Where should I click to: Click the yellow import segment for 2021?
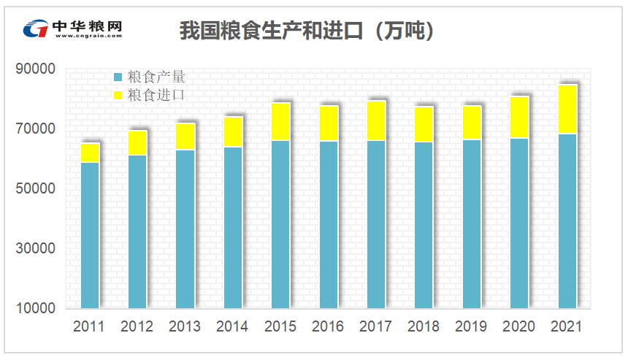pyautogui.click(x=567, y=110)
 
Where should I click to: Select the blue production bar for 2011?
pyautogui.click(x=90, y=234)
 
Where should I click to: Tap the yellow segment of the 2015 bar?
pyautogui.click(x=281, y=121)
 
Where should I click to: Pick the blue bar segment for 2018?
pyautogui.click(x=424, y=225)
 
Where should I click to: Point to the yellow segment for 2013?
pyautogui.click(x=185, y=137)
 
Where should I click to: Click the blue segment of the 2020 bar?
pyautogui.click(x=519, y=223)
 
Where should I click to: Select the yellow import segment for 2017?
pyautogui.click(x=376, y=120)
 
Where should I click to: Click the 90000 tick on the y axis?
pyautogui.click(x=35, y=69)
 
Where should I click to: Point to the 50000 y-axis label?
pyautogui.click(x=35, y=188)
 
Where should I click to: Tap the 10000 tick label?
pyautogui.click(x=35, y=308)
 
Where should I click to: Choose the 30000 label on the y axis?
pyautogui.click(x=35, y=248)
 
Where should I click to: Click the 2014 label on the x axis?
pyautogui.click(x=232, y=326)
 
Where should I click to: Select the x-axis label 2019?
pyautogui.click(x=471, y=326)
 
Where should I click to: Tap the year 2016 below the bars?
pyautogui.click(x=328, y=326)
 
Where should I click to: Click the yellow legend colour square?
pyautogui.click(x=118, y=95)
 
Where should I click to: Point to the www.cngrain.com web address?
pyautogui.click(x=87, y=36)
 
